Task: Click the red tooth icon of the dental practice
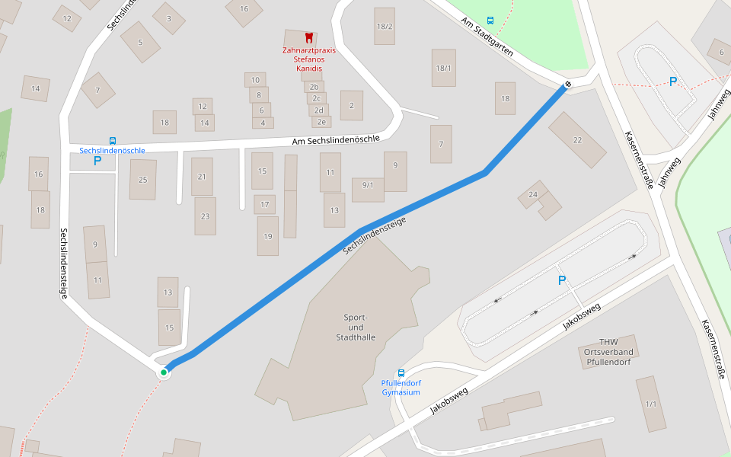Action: pyautogui.click(x=308, y=37)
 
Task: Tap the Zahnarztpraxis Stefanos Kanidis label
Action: pyautogui.click(x=308, y=59)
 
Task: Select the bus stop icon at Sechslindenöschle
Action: pyautogui.click(x=113, y=141)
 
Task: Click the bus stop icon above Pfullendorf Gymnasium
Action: pyautogui.click(x=401, y=373)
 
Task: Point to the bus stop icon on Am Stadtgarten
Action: pyautogui.click(x=490, y=21)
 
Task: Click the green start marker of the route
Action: pyautogui.click(x=164, y=372)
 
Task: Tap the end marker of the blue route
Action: pyautogui.click(x=567, y=83)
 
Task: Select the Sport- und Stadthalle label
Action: pyautogui.click(x=356, y=327)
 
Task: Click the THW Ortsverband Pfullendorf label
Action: pyautogui.click(x=609, y=352)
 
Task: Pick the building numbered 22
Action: pyautogui.click(x=577, y=139)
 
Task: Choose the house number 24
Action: pyautogui.click(x=533, y=195)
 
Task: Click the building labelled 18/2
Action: pyautogui.click(x=385, y=26)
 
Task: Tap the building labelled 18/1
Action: pyautogui.click(x=443, y=68)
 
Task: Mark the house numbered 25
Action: pyautogui.click(x=142, y=180)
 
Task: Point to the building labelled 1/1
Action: pyautogui.click(x=651, y=403)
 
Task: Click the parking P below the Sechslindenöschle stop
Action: pyautogui.click(x=97, y=161)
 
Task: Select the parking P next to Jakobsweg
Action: pyautogui.click(x=562, y=280)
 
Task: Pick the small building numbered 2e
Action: pyautogui.click(x=321, y=122)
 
